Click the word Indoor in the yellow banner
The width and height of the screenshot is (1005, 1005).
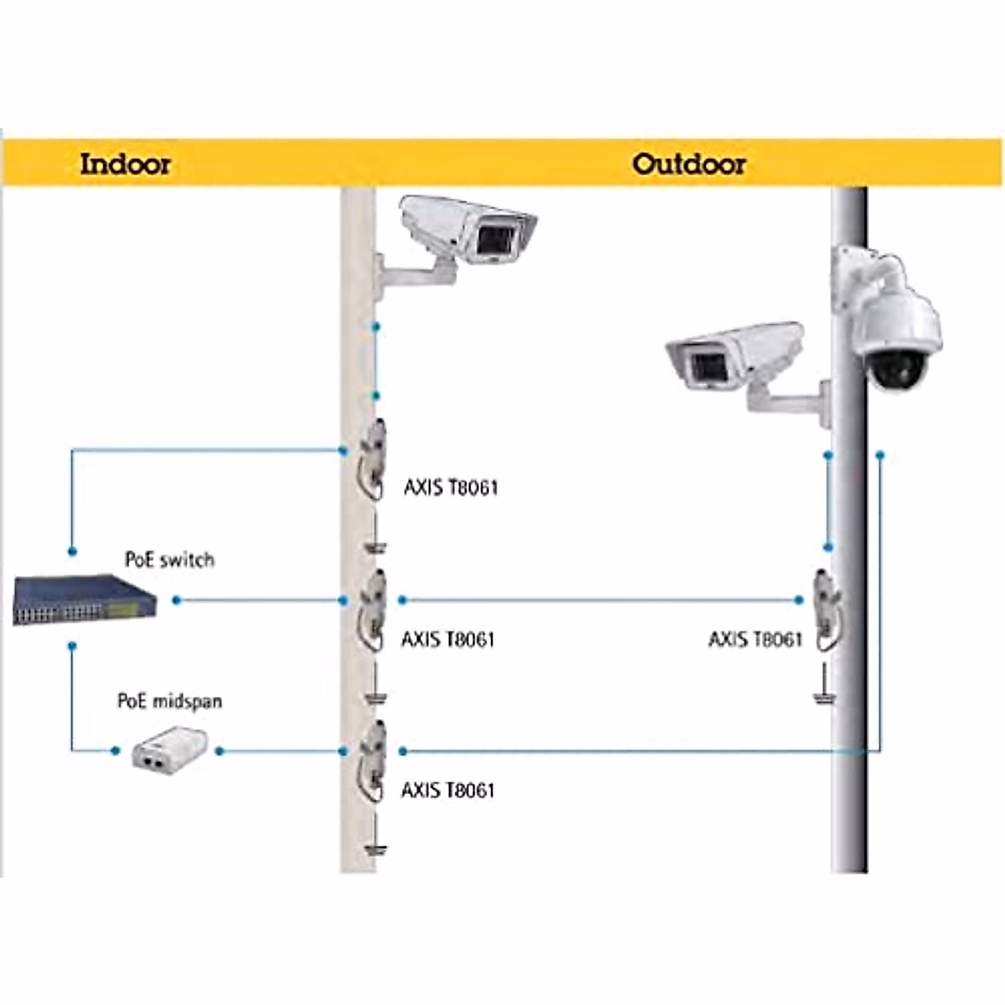point(125,163)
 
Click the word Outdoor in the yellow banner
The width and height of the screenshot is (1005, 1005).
point(688,163)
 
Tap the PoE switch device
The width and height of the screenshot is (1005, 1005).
point(85,600)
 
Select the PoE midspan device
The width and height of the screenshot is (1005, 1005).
point(164,751)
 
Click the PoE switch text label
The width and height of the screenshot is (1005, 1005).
point(169,559)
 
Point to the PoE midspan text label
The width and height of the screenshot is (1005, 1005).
point(170,701)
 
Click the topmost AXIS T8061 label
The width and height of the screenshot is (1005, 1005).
point(451,487)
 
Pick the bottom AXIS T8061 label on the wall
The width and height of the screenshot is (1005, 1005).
point(448,790)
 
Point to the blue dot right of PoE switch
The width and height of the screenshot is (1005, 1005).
point(176,600)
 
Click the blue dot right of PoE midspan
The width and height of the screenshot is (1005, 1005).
point(219,751)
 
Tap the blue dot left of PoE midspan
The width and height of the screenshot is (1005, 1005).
point(116,751)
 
